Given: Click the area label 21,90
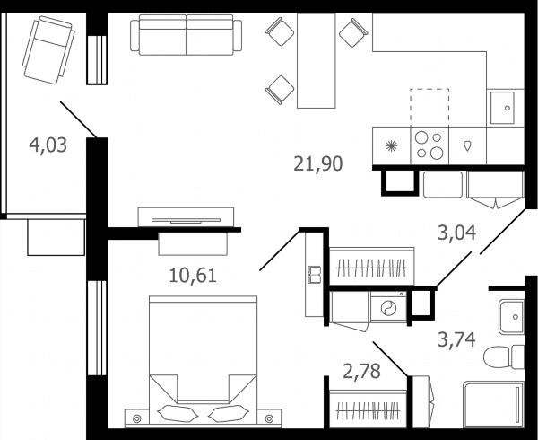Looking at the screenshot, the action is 318,163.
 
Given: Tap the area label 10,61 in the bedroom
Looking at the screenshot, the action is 193,276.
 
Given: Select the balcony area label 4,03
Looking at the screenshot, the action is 48,145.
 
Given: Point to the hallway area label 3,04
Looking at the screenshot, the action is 457,233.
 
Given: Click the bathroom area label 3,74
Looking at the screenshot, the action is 456,339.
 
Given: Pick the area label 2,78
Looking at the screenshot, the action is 361,371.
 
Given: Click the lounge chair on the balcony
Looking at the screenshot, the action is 48,50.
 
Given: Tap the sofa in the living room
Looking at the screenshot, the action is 186,35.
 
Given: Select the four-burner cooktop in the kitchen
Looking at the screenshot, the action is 430,145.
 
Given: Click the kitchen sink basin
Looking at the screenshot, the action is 502,108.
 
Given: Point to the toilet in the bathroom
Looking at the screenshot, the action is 504,356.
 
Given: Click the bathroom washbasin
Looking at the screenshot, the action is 511,317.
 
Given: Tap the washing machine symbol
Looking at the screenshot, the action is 388,307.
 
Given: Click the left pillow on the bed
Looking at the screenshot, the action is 178,413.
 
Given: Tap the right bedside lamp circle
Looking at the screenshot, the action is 269,418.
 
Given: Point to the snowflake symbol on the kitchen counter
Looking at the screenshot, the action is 391,146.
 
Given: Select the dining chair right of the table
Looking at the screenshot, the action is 353,32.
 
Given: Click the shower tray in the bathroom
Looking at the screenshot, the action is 493,404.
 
